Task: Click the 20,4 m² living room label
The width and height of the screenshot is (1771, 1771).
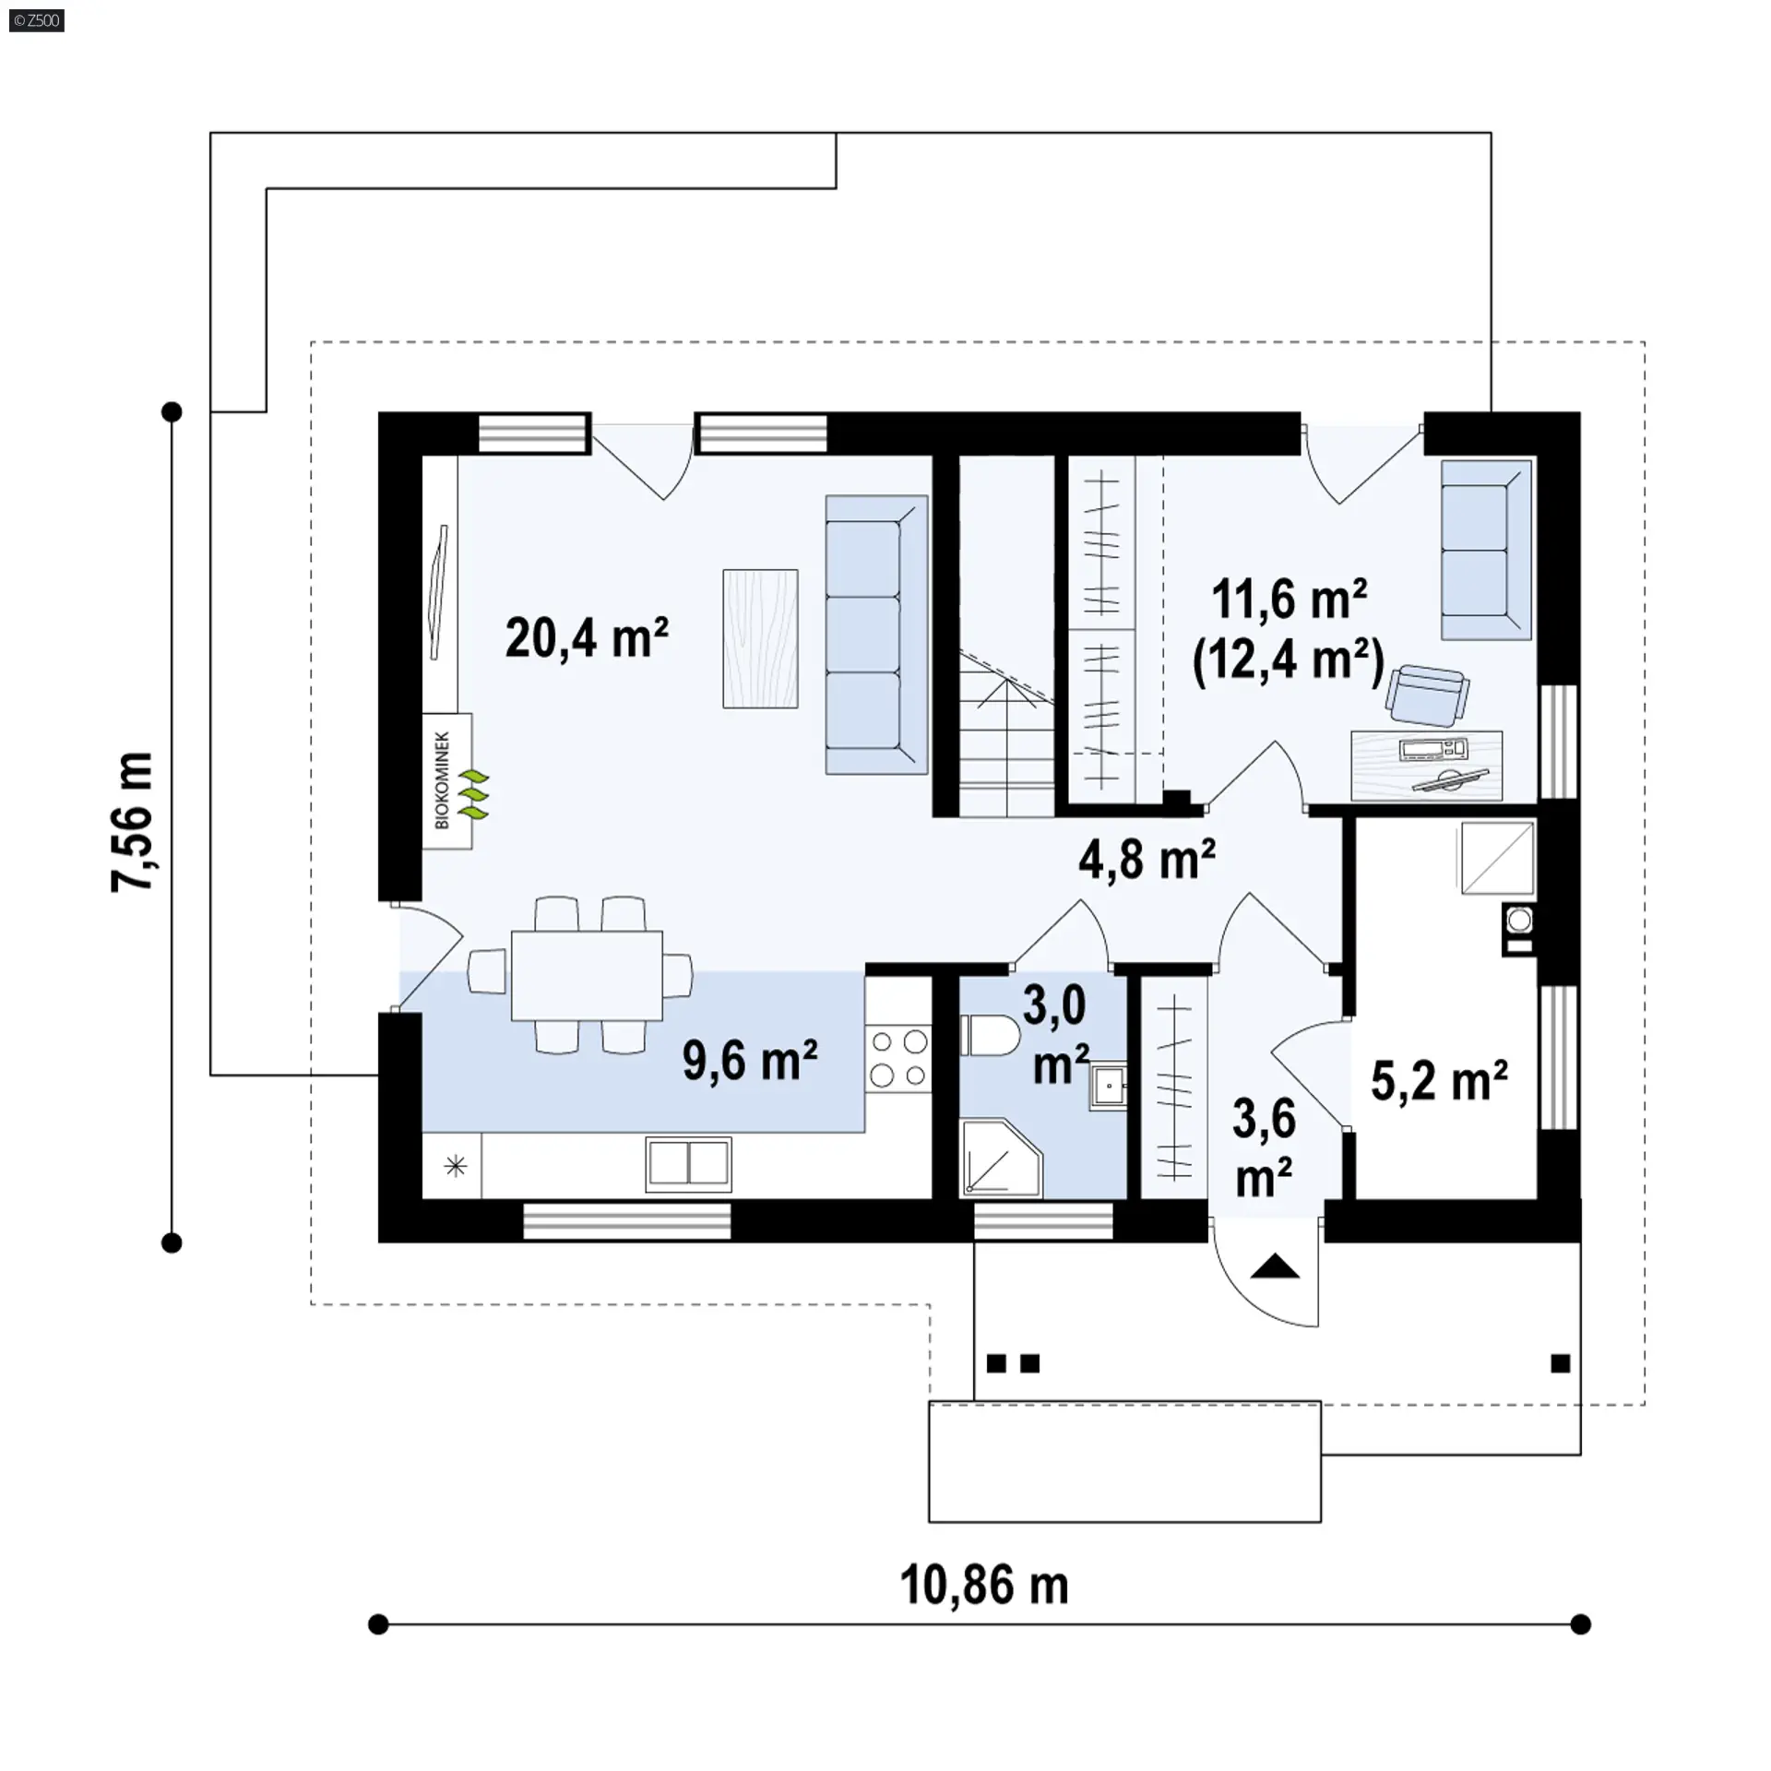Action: pyautogui.click(x=586, y=637)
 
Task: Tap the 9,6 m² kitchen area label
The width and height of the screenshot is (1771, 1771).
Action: pyautogui.click(x=750, y=1060)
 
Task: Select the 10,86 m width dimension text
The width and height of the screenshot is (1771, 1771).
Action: pyautogui.click(x=983, y=1585)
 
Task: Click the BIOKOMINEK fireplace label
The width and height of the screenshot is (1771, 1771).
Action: pyautogui.click(x=442, y=780)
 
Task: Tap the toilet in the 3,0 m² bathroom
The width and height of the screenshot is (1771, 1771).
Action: pyautogui.click(x=988, y=1035)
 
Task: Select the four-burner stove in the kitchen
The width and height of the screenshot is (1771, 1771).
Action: pyautogui.click(x=898, y=1058)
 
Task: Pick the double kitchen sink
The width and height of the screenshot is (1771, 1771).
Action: pyautogui.click(x=688, y=1164)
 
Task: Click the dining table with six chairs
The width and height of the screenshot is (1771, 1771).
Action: pyautogui.click(x=588, y=975)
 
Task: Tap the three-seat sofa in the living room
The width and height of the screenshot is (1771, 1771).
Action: pyautogui.click(x=876, y=635)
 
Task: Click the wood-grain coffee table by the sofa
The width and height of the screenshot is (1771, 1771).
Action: pyautogui.click(x=760, y=638)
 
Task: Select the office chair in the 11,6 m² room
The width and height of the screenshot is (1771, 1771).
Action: pyautogui.click(x=1426, y=695)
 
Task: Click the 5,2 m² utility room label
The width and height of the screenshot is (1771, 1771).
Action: pyautogui.click(x=1439, y=1081)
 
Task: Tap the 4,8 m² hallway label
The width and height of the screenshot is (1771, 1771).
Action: pyautogui.click(x=1147, y=859)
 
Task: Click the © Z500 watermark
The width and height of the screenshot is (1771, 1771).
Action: pyautogui.click(x=37, y=19)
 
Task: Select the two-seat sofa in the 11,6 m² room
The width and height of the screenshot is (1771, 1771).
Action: pyautogui.click(x=1487, y=550)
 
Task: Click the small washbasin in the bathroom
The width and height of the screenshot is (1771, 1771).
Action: pyautogui.click(x=1108, y=1088)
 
